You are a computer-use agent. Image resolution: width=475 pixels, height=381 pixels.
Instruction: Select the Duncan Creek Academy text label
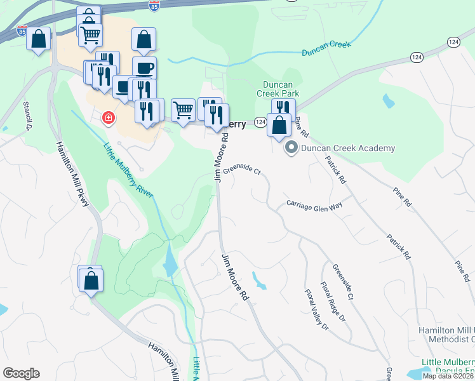[x=347, y=149]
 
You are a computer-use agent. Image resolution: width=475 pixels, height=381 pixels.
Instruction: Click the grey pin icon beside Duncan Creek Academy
[x=292, y=149]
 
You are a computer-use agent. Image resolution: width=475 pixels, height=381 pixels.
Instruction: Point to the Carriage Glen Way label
[x=314, y=204]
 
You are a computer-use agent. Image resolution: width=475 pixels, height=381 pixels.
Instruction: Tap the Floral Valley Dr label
[x=316, y=311]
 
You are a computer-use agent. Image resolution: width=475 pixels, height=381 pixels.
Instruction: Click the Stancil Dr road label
[x=27, y=115]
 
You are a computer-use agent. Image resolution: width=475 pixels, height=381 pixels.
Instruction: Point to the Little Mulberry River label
[x=128, y=170]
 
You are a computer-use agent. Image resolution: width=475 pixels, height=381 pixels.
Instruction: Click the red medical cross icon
[x=109, y=117]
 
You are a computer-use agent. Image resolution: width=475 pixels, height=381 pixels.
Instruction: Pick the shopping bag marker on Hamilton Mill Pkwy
[x=91, y=280]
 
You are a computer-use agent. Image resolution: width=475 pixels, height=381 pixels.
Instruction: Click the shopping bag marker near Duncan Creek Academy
[x=279, y=124]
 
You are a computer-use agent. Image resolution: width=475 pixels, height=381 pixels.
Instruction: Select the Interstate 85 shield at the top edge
[x=154, y=5]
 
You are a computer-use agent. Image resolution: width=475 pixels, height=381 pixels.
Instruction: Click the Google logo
[x=21, y=373]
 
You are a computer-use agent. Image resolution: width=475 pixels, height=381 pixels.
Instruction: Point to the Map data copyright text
[x=448, y=376]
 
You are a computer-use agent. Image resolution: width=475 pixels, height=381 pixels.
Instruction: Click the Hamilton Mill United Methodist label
[x=446, y=335]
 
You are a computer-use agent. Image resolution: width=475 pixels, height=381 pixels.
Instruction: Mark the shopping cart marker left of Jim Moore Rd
[x=183, y=109]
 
